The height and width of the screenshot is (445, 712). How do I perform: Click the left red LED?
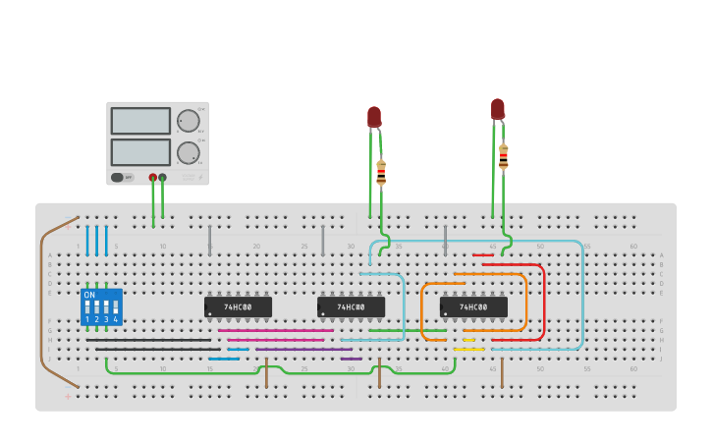pyautogui.click(x=374, y=117)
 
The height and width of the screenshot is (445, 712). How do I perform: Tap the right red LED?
pyautogui.click(x=498, y=108)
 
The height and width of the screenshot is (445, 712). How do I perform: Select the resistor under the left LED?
pyautogui.click(x=381, y=173)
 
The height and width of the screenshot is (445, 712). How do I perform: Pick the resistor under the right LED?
pyautogui.click(x=504, y=156)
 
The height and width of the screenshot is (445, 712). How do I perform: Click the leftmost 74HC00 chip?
pyautogui.click(x=238, y=306)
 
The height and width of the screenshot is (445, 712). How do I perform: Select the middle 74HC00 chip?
pyautogui.click(x=351, y=306)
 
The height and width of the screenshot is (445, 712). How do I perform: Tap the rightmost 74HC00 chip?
pyautogui.click(x=473, y=306)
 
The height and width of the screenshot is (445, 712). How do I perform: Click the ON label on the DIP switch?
pyautogui.click(x=89, y=295)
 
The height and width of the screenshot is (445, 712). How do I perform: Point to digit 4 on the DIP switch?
pyautogui.click(x=115, y=319)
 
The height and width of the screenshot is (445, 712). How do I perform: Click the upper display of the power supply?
pyautogui.click(x=140, y=121)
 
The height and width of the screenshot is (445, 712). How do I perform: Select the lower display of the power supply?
pyautogui.click(x=140, y=152)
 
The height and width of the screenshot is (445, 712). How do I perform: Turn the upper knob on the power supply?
pyautogui.click(x=188, y=121)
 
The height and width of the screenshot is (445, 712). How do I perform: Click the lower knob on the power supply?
pyautogui.click(x=188, y=152)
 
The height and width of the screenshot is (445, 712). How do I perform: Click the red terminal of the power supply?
pyautogui.click(x=152, y=178)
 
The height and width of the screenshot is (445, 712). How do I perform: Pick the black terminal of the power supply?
pyautogui.click(x=162, y=178)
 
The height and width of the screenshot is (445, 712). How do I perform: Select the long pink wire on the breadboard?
pyautogui.click(x=275, y=340)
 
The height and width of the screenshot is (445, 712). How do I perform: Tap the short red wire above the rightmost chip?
pyautogui.click(x=483, y=255)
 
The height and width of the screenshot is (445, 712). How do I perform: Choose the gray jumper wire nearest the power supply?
pyautogui.click(x=209, y=239)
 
